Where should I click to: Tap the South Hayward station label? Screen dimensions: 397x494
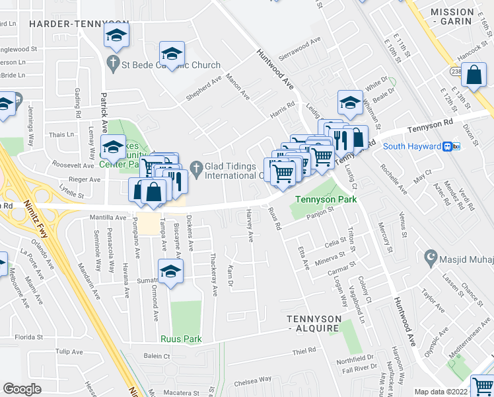click(x=412, y=146)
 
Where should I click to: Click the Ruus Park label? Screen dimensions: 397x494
click(x=180, y=339)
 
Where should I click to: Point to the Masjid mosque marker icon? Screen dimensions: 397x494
click(x=432, y=256)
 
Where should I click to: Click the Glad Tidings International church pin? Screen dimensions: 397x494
click(x=195, y=166)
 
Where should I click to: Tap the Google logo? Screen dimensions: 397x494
click(x=22, y=389)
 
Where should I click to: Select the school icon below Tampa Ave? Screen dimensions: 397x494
click(x=170, y=271)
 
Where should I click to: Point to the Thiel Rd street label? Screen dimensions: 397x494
click(x=304, y=351)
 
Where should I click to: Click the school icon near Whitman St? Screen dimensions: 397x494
click(x=349, y=103)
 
